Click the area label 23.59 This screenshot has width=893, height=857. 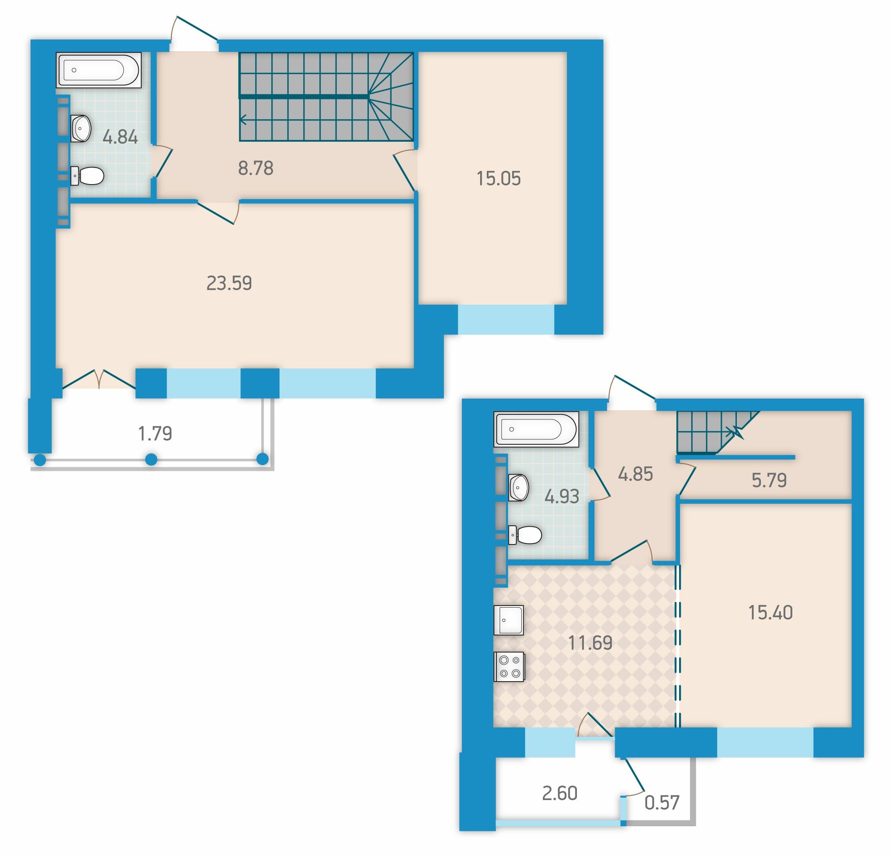(229, 283)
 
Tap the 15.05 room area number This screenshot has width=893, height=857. (498, 178)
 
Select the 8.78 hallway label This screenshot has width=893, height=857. (255, 168)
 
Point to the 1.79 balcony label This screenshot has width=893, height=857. (155, 433)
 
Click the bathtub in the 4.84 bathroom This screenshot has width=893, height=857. (98, 70)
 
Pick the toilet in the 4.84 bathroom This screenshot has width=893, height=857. (87, 176)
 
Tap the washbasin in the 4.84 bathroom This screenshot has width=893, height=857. (81, 128)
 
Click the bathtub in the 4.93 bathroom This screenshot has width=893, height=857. (536, 429)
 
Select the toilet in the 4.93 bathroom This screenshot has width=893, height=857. (525, 535)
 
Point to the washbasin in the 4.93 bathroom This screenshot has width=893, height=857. (518, 487)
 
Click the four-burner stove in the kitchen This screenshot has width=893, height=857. (509, 667)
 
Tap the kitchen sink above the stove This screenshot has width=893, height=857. (508, 620)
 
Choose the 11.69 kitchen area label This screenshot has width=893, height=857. (590, 643)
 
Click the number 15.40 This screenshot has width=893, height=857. (770, 612)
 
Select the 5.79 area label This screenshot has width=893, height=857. (769, 480)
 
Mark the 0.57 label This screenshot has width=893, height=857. (662, 802)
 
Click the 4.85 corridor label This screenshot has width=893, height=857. (635, 474)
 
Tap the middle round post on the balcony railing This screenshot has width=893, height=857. (151, 460)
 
